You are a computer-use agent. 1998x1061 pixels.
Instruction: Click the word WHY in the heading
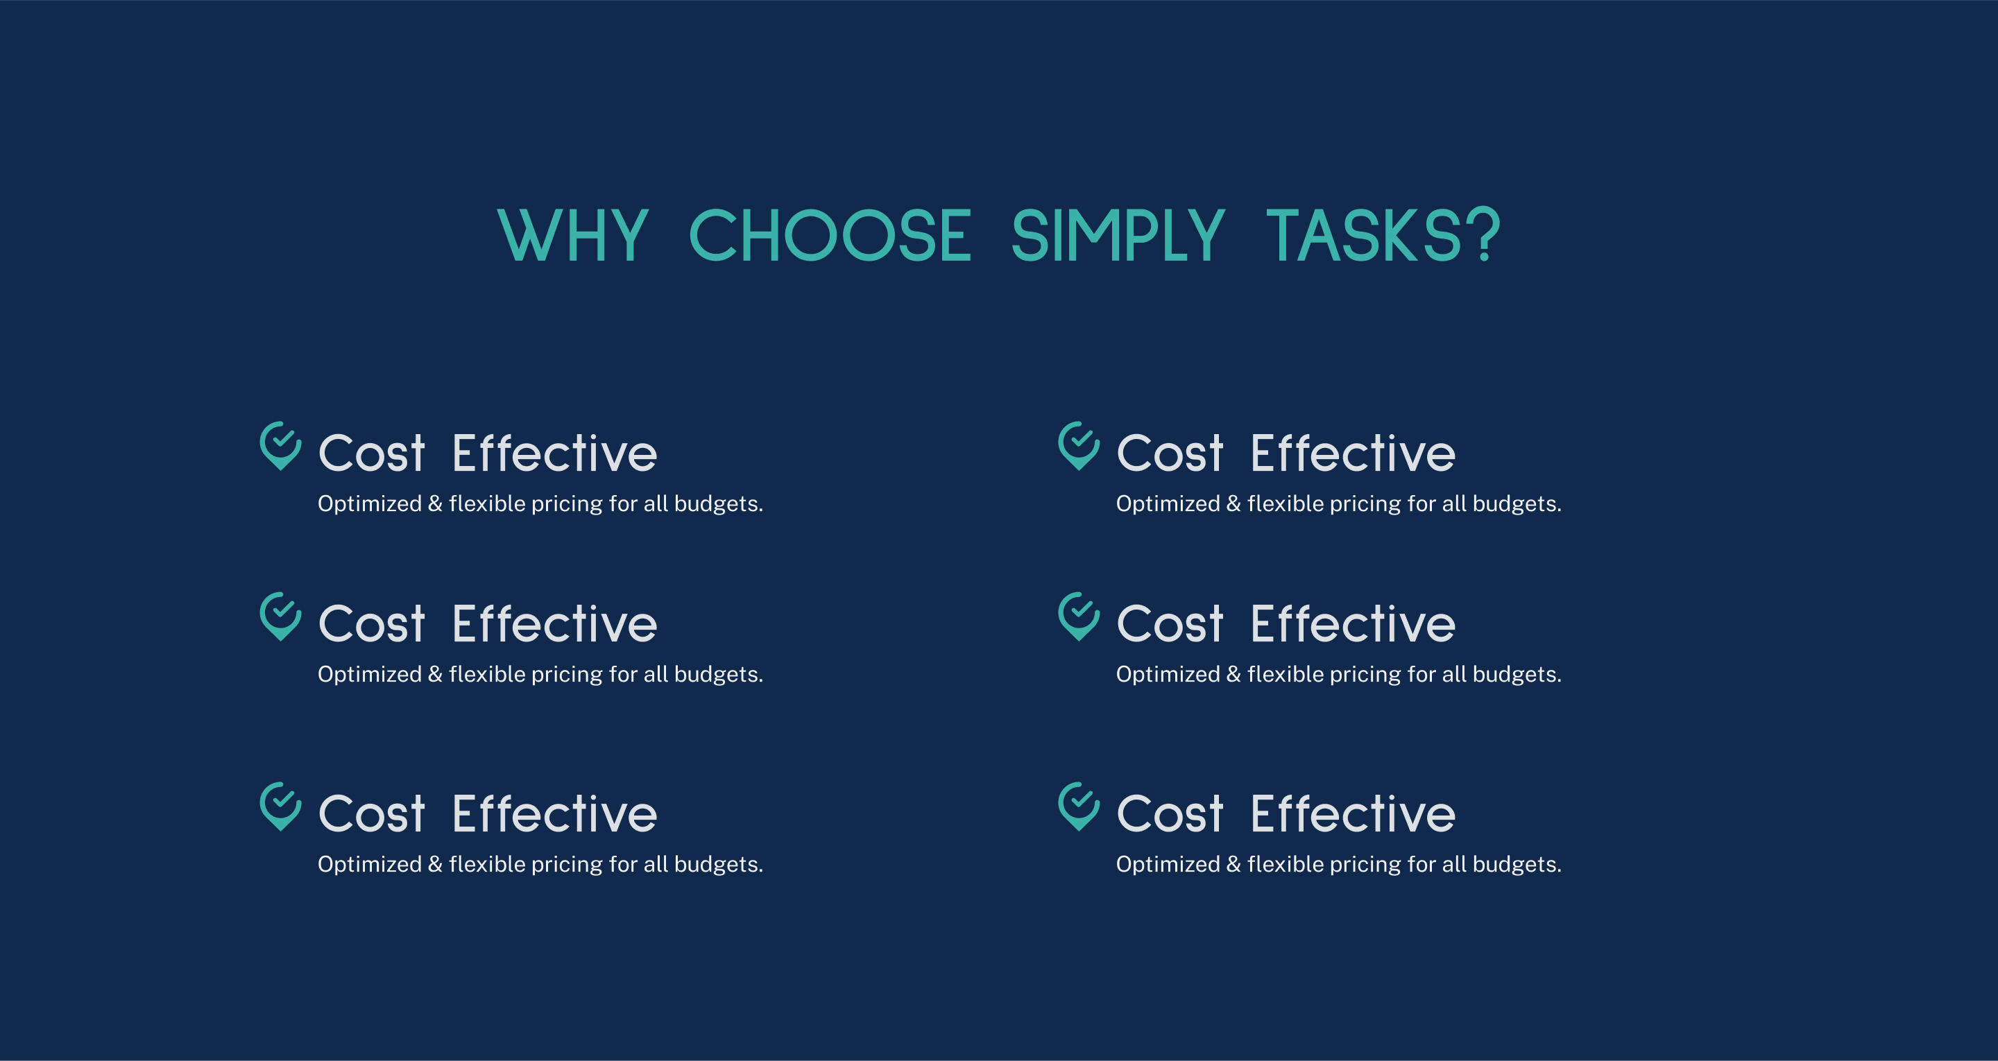click(572, 235)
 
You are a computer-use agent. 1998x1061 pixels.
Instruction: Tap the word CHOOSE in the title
click(829, 235)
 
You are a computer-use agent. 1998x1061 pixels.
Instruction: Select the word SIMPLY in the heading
click(1118, 235)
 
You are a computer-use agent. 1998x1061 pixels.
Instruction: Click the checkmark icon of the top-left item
click(280, 446)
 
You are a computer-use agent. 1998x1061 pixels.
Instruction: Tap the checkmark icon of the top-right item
click(1078, 446)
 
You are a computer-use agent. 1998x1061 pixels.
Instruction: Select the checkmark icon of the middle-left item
click(280, 616)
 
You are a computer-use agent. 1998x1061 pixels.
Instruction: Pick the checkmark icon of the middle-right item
click(1078, 616)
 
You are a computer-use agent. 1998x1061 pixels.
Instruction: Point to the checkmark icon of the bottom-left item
click(280, 806)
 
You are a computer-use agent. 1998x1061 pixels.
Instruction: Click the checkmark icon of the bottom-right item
click(1078, 806)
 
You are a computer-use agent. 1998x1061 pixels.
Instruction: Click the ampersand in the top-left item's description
click(435, 504)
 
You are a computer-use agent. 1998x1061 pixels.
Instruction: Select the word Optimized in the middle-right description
click(1168, 675)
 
